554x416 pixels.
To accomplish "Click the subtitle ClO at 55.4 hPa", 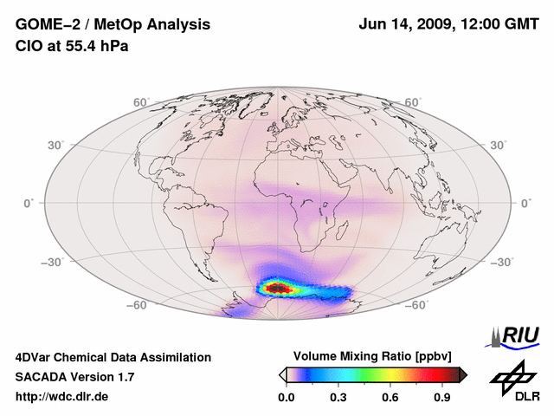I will (71, 46).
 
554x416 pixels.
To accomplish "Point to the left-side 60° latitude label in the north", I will (141, 102).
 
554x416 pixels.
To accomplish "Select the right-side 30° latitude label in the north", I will (498, 145).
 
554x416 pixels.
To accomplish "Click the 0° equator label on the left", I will (29, 203).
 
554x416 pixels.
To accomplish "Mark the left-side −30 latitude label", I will (53, 263).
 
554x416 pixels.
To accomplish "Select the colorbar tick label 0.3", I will (339, 398).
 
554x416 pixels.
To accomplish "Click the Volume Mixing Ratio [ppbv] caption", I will (373, 356).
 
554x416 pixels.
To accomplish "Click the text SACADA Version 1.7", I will (74, 377).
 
